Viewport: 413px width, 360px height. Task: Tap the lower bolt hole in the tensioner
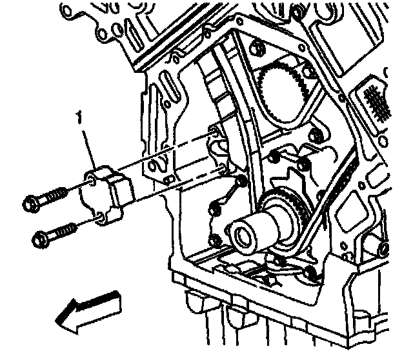tap(97, 221)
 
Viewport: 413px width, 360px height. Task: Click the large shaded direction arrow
tap(87, 308)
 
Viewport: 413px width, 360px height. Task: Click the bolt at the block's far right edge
tap(385, 248)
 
